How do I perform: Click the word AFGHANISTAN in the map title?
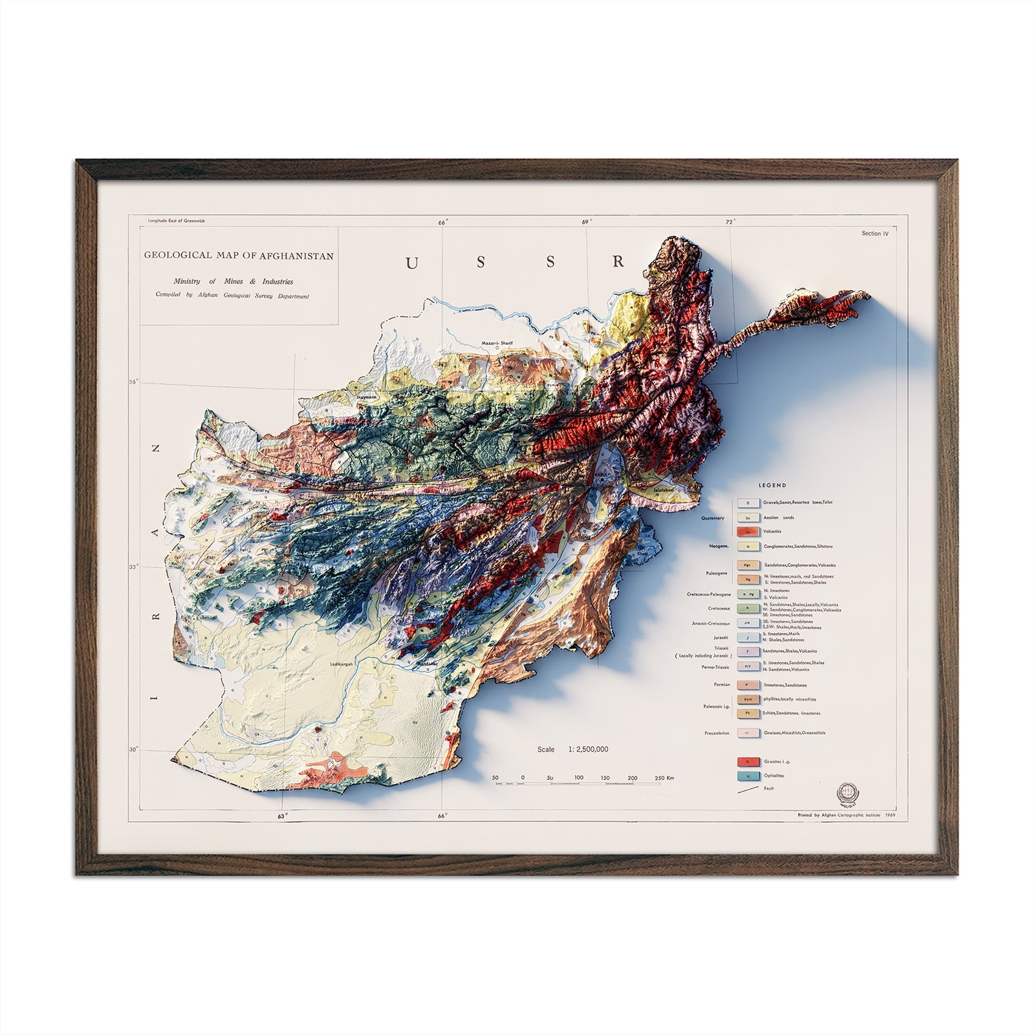297,256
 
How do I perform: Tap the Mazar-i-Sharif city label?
496,344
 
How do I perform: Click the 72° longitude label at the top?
730,223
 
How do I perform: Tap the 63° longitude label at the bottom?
282,816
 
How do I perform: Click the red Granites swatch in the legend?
748,761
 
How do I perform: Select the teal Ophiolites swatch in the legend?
748,776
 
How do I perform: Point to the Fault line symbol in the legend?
748,789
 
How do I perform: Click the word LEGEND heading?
772,485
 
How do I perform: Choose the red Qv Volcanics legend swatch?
748,532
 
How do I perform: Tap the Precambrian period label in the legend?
717,734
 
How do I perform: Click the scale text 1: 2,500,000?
588,749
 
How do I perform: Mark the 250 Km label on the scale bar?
664,778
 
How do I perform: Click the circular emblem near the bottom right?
846,792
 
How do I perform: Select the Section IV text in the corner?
875,234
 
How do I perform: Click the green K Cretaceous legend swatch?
748,609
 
